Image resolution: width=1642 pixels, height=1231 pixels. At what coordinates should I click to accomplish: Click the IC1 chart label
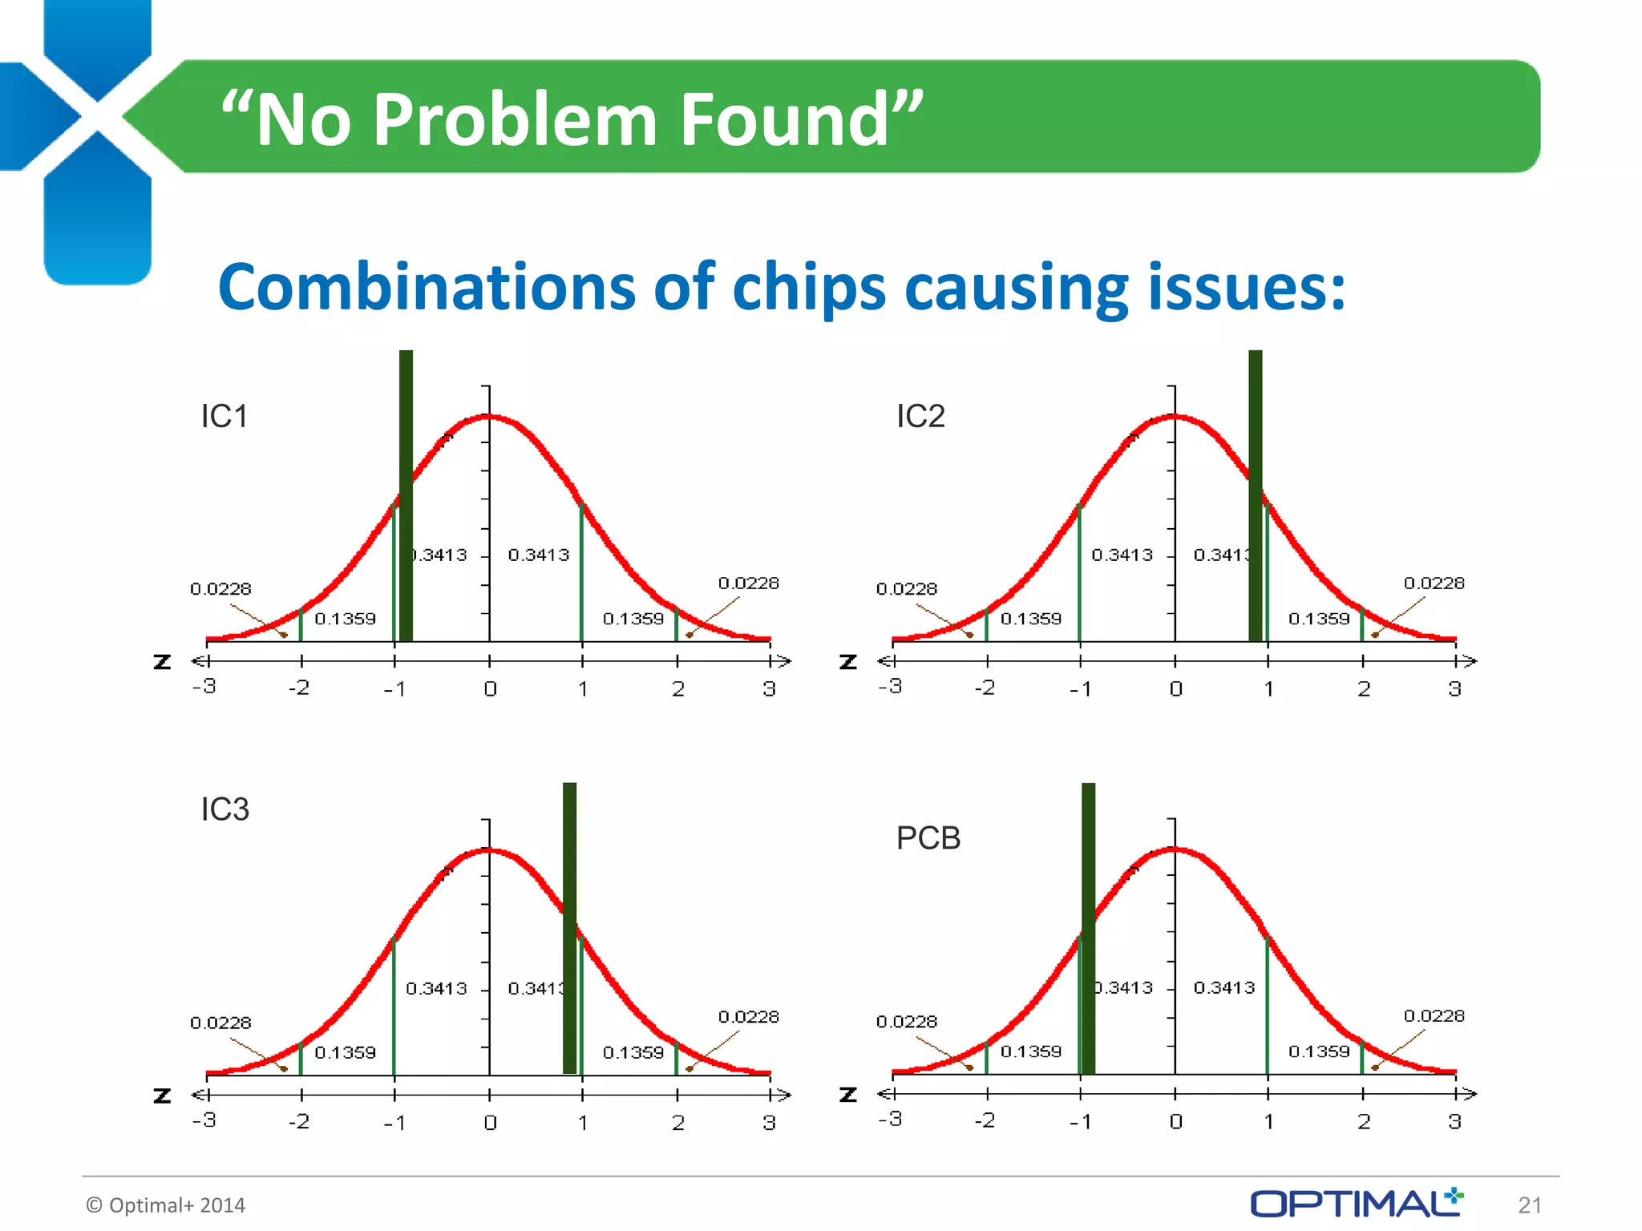click(x=224, y=416)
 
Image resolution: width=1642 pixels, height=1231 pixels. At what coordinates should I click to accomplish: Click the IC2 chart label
click(x=920, y=416)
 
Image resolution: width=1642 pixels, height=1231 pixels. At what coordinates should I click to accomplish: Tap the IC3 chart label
click(x=224, y=809)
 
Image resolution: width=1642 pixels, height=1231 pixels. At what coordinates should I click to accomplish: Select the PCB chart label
click(x=928, y=838)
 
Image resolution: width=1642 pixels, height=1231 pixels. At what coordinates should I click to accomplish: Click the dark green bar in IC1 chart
click(x=406, y=497)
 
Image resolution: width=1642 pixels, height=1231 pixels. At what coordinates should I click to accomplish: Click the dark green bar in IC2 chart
click(x=1256, y=497)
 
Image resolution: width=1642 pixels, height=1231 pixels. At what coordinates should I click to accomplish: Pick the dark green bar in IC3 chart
click(x=569, y=930)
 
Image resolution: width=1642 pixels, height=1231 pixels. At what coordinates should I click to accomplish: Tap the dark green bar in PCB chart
click(x=1088, y=930)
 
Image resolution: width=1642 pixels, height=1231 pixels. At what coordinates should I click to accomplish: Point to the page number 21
click(x=1530, y=1205)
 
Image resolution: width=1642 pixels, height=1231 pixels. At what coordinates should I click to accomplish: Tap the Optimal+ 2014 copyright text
click(x=166, y=1205)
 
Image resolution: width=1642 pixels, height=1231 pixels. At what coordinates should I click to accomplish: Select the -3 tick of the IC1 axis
click(x=204, y=687)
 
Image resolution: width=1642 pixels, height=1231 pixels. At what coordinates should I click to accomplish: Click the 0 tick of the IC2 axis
click(x=1175, y=689)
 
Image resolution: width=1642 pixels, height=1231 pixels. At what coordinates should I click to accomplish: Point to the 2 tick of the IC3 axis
click(x=677, y=1123)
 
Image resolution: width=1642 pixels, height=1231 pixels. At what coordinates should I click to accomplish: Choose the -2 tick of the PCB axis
click(x=985, y=1120)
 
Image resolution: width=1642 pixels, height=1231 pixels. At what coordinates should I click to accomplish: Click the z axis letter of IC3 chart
click(x=162, y=1096)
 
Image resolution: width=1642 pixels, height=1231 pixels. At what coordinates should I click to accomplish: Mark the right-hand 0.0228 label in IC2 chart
click(x=1434, y=583)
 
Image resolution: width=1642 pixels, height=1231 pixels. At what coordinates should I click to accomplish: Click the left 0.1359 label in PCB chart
click(x=1030, y=1051)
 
